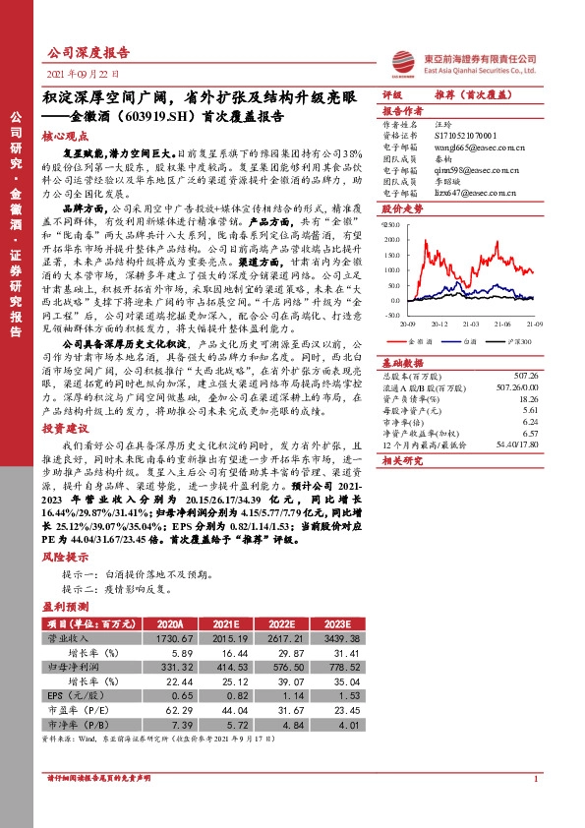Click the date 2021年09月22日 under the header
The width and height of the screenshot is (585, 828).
[83, 74]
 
